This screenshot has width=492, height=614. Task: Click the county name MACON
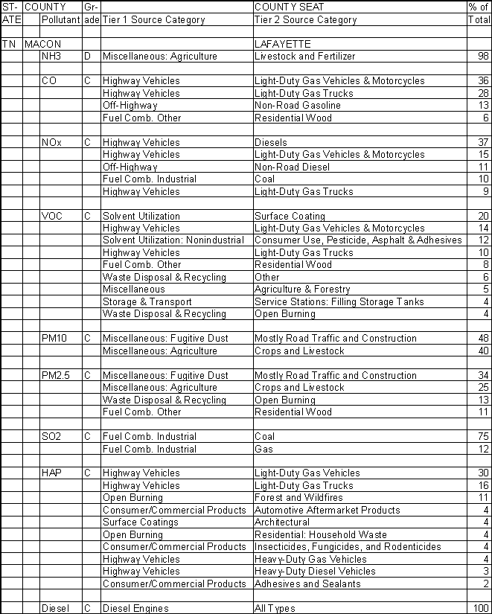pyautogui.click(x=42, y=45)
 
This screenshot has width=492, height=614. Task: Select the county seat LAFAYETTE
pyautogui.click(x=283, y=45)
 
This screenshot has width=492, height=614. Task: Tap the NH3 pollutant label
pyautogui.click(x=52, y=57)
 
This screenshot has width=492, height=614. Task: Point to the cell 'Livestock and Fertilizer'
pyautogui.click(x=304, y=57)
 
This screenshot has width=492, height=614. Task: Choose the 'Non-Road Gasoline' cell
pyautogui.click(x=297, y=106)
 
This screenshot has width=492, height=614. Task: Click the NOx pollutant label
pyautogui.click(x=52, y=142)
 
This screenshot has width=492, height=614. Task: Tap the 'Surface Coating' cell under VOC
pyautogui.click(x=290, y=216)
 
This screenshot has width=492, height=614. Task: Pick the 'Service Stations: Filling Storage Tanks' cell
pyautogui.click(x=339, y=301)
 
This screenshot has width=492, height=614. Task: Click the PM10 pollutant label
pyautogui.click(x=54, y=339)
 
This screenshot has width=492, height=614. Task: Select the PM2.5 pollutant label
pyautogui.click(x=56, y=375)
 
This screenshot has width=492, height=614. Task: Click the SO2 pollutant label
pyautogui.click(x=52, y=437)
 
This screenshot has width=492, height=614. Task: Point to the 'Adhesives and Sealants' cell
pyautogui.click(x=307, y=583)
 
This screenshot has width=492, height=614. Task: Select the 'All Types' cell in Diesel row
pyautogui.click(x=275, y=609)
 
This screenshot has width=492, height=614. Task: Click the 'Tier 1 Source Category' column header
pyautogui.click(x=153, y=20)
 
